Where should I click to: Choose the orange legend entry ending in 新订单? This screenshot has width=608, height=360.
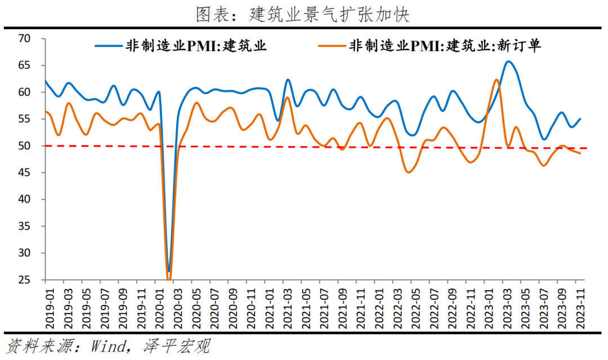(445, 46)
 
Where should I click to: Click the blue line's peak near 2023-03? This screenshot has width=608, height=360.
(508, 61)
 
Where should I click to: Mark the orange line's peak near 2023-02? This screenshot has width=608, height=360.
(496, 80)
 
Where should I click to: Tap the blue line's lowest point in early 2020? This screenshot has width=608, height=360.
(168, 271)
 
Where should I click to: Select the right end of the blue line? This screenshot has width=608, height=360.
(580, 119)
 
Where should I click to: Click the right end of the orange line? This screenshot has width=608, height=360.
(580, 153)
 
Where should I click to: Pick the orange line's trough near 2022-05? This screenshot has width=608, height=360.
(409, 172)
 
